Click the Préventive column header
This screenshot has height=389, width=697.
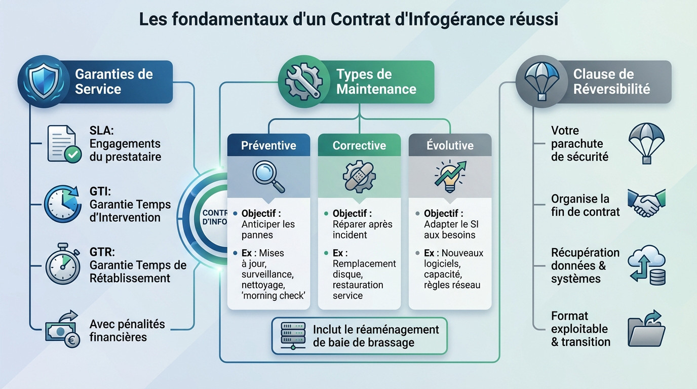[x=268, y=145]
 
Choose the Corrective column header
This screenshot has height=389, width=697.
[x=359, y=145]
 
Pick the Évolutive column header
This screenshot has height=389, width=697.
[x=450, y=145]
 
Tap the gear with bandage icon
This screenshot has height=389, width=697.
[x=359, y=176]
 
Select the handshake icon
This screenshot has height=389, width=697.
[x=646, y=204]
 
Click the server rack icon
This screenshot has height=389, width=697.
[x=293, y=335]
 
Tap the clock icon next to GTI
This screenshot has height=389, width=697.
[x=63, y=204]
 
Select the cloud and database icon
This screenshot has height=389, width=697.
[x=646, y=265]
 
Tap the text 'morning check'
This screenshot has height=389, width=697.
[x=274, y=296]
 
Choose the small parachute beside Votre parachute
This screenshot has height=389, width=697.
[x=646, y=143]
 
